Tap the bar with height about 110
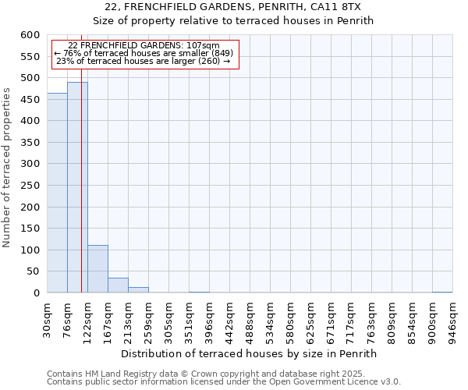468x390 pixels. tap(97, 269)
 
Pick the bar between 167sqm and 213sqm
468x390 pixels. tap(118, 285)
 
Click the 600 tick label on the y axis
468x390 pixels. tap(30, 35)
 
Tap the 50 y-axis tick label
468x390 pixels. tap(33, 271)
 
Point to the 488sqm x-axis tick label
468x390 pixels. tap(250, 318)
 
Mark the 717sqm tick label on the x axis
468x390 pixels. tap(352, 318)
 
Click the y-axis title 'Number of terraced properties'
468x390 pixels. tap(7, 168)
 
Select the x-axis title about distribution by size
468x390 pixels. tap(250, 353)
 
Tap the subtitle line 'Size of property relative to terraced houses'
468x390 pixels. tap(233, 21)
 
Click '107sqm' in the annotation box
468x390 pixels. tap(204, 45)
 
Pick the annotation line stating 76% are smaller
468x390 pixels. tap(143, 53)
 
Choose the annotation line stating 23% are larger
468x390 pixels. tap(144, 61)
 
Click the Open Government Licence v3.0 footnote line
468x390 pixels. tap(224, 382)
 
